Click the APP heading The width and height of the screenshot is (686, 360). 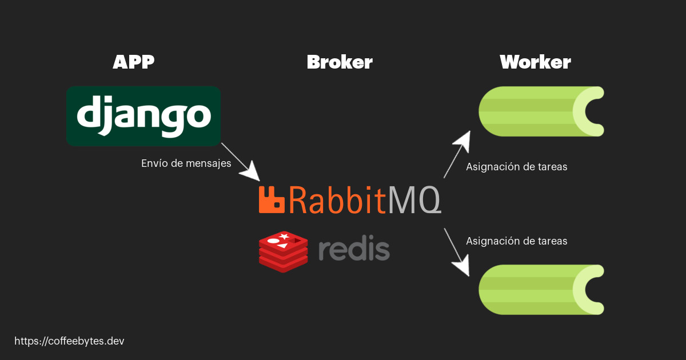(x=134, y=62)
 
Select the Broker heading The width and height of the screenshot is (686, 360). (x=340, y=62)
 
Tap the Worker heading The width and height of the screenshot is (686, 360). (x=535, y=62)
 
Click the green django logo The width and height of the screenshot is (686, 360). (x=143, y=116)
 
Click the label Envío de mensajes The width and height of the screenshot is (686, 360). (x=186, y=163)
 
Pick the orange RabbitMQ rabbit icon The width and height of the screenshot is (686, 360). (x=272, y=199)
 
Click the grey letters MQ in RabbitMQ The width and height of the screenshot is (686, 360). (x=414, y=199)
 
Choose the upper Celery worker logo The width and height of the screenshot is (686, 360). (x=541, y=111)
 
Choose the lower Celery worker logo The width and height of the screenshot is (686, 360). (x=541, y=290)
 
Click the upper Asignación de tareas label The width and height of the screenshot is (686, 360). (x=516, y=167)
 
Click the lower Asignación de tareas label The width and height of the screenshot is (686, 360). (x=516, y=241)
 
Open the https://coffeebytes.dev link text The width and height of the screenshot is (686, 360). (x=69, y=341)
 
